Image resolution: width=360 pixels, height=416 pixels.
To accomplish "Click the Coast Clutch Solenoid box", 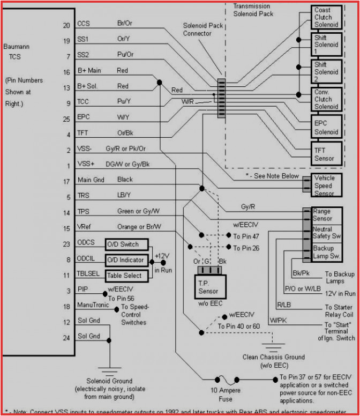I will (326, 18).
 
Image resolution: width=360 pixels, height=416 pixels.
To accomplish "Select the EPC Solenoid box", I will (326, 128).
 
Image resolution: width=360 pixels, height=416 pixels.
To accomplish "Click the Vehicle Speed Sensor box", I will (324, 185).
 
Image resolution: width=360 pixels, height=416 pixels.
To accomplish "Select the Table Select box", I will (124, 276).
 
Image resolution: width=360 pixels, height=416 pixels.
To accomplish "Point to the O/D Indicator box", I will (124, 260).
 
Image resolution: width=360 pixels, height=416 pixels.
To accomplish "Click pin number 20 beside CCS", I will (66, 25).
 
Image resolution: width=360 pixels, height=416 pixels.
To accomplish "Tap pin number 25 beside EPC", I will (66, 118).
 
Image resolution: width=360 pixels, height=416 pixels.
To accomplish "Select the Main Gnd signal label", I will (91, 180).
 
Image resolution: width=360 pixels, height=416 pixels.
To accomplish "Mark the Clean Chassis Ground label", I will (274, 361).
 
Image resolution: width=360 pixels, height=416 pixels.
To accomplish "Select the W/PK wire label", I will (279, 321).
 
